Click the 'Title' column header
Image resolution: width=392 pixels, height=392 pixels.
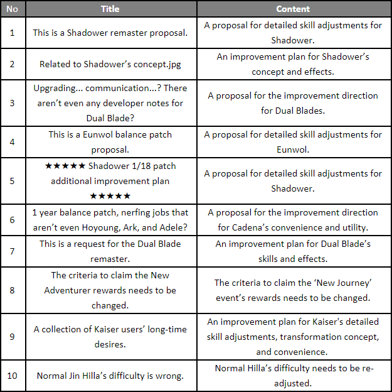(110, 9)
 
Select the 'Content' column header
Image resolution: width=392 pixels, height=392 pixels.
(293, 9)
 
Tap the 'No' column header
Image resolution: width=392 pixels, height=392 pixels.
(13, 9)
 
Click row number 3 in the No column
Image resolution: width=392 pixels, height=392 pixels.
(13, 103)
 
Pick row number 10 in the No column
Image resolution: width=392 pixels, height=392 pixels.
(13, 376)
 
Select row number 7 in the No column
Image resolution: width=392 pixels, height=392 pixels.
(13, 251)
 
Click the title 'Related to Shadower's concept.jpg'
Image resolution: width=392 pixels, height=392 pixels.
(110, 64)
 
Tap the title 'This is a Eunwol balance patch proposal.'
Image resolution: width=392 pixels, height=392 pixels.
(110, 142)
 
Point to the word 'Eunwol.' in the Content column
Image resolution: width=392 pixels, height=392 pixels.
(293, 150)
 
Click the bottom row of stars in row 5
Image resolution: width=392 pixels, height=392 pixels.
(110, 197)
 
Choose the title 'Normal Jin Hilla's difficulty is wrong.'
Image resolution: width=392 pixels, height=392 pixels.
(110, 376)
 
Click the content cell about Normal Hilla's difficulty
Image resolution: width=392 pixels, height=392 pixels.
(293, 376)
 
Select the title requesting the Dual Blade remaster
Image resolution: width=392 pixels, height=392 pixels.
(110, 251)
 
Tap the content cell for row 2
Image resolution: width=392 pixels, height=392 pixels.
(293, 64)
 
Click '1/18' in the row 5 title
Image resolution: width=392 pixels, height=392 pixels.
(143, 166)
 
